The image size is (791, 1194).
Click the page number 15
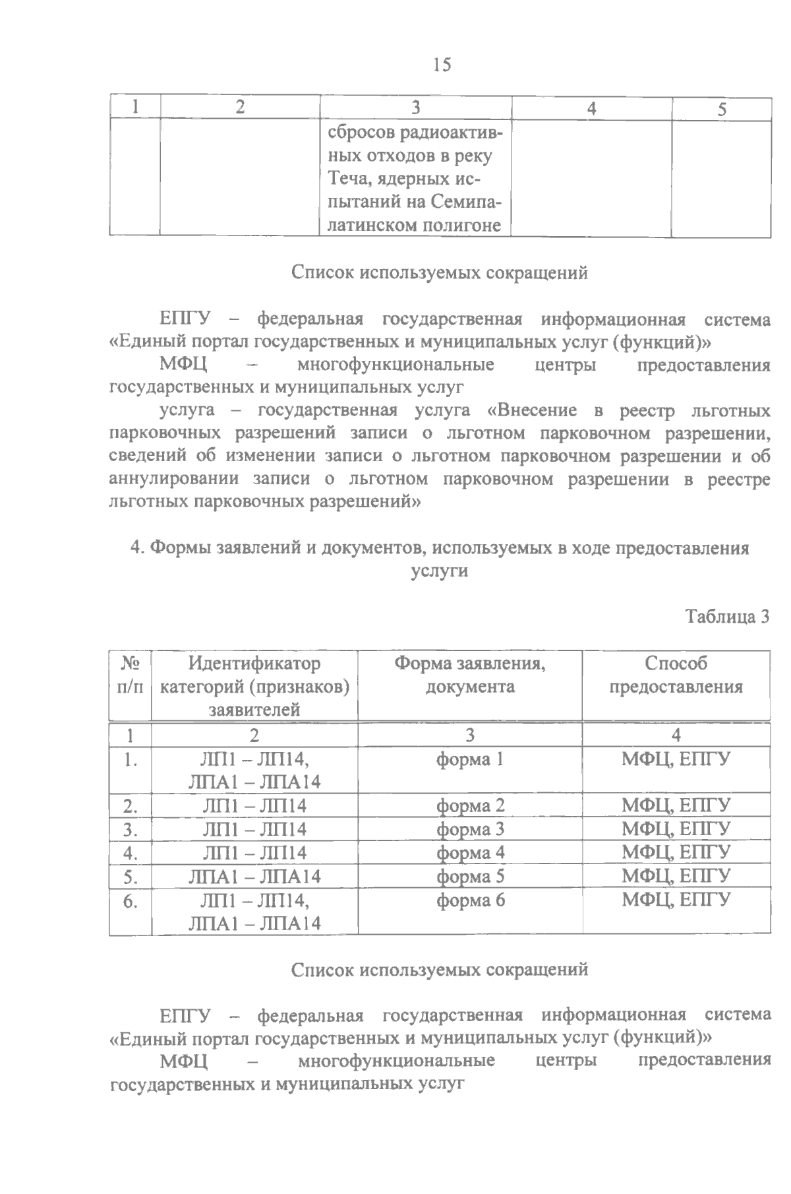click(442, 65)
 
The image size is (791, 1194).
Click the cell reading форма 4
click(470, 852)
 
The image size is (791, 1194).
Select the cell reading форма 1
click(470, 759)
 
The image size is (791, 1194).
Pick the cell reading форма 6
click(470, 900)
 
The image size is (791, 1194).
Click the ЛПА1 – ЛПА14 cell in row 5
click(254, 876)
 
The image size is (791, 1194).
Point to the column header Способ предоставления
click(676, 675)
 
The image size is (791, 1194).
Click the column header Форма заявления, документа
click(470, 675)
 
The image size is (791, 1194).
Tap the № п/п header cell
click(130, 675)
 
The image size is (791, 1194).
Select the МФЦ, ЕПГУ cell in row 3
click(676, 829)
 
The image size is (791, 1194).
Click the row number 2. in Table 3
click(130, 805)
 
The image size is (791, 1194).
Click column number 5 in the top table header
click(722, 109)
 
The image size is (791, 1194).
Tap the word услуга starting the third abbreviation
click(187, 410)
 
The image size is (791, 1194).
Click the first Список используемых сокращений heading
click(440, 272)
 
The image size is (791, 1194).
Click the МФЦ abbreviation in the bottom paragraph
click(183, 1061)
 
